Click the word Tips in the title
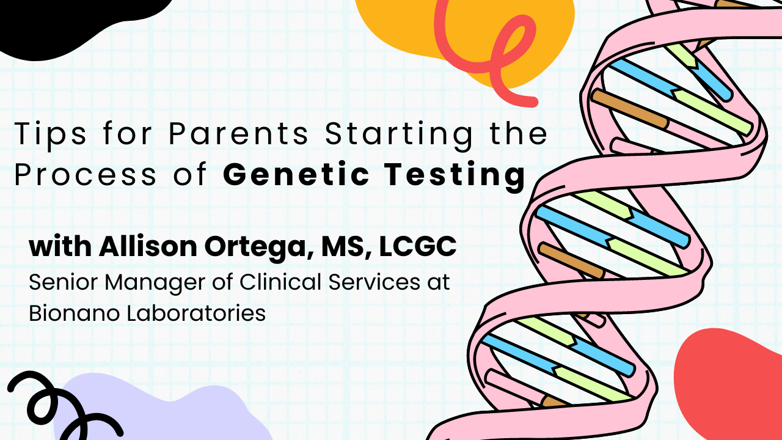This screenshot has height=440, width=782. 50,134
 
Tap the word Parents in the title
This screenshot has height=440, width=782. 238,133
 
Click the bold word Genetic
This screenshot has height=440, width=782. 296,174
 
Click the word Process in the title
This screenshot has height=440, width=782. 85,174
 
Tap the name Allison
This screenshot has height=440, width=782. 148,246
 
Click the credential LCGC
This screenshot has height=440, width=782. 418,246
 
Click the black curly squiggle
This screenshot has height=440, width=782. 53,395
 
